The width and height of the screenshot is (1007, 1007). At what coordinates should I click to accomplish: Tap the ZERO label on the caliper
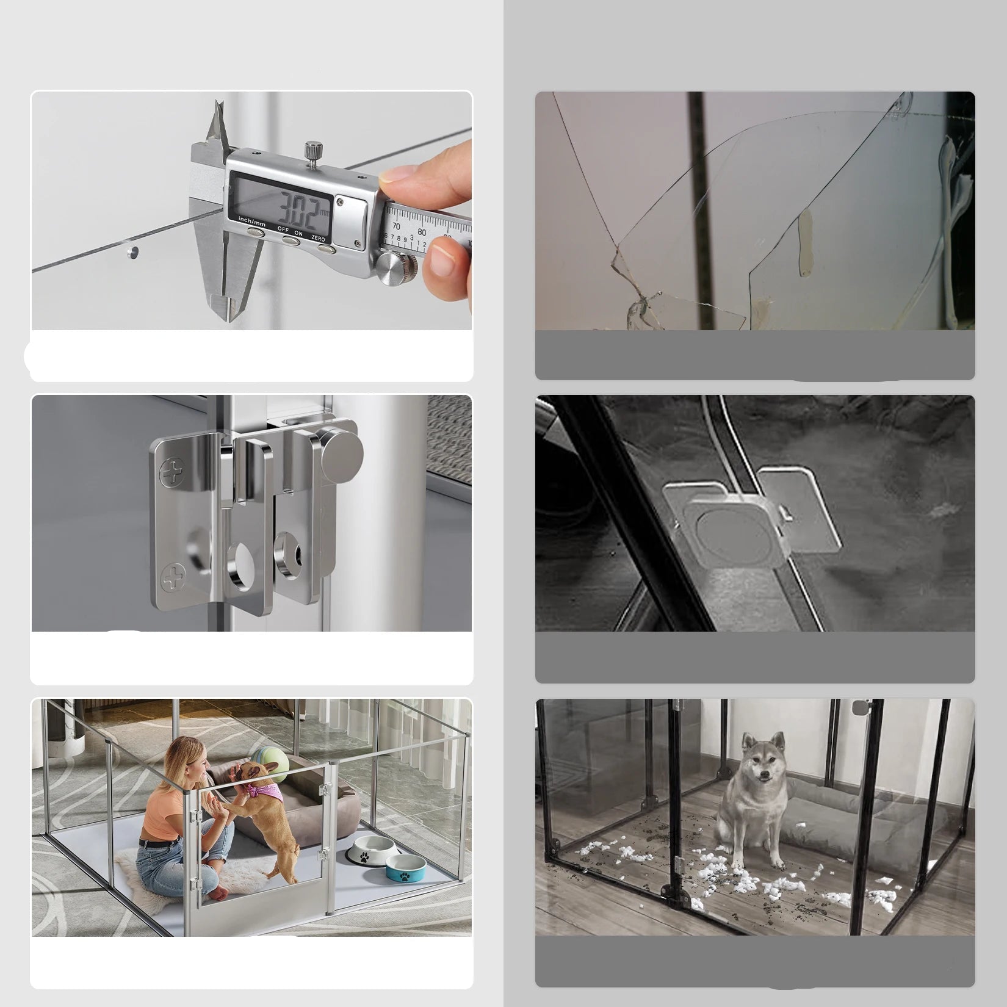[318, 238]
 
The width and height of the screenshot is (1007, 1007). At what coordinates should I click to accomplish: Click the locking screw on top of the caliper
[312, 150]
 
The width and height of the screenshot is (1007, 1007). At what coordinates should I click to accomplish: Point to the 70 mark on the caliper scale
[396, 226]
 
